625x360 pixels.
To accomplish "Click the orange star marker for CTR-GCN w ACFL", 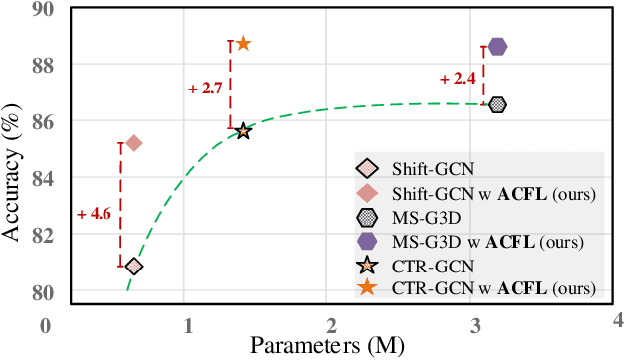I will click(x=243, y=44).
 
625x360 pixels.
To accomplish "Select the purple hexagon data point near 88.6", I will click(x=497, y=46).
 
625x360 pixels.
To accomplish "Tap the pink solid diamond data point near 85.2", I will click(x=134, y=143).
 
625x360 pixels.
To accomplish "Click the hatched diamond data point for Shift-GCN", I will click(x=134, y=266).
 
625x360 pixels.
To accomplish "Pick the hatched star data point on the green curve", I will click(x=243, y=131).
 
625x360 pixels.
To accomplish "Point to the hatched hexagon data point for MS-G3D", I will click(x=497, y=104).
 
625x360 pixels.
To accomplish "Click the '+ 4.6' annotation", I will click(x=94, y=213).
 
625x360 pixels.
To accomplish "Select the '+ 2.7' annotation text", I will click(x=205, y=88).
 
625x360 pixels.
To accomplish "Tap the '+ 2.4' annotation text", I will click(x=457, y=78).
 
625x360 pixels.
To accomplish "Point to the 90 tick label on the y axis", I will click(x=47, y=10).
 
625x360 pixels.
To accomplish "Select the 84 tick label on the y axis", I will click(x=47, y=179).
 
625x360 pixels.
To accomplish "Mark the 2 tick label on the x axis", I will click(x=331, y=325).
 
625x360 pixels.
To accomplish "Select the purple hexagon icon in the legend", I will click(x=367, y=241).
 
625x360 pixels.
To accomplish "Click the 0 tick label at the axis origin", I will click(x=45, y=325).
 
